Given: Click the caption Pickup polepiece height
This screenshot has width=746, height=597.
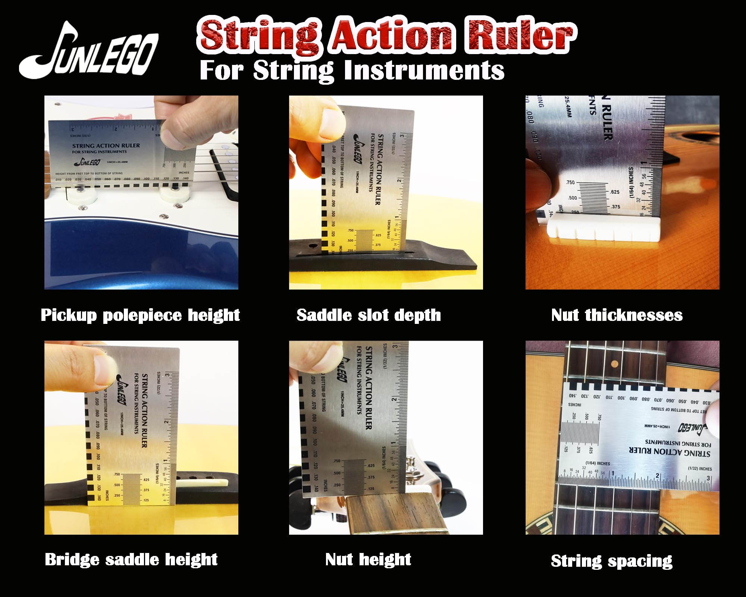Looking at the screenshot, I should pos(140,315).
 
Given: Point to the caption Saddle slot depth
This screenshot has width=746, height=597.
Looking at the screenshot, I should pos(369,315).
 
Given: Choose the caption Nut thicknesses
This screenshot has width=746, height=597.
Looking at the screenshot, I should pos(617,315).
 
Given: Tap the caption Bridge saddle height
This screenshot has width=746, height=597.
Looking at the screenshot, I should pos(131,560).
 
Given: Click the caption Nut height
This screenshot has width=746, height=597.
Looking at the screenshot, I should pos(368,560).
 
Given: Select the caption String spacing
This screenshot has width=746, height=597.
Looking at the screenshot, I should pos(612,561).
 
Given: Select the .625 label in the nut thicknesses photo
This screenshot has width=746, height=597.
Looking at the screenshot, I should pos(615,192).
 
